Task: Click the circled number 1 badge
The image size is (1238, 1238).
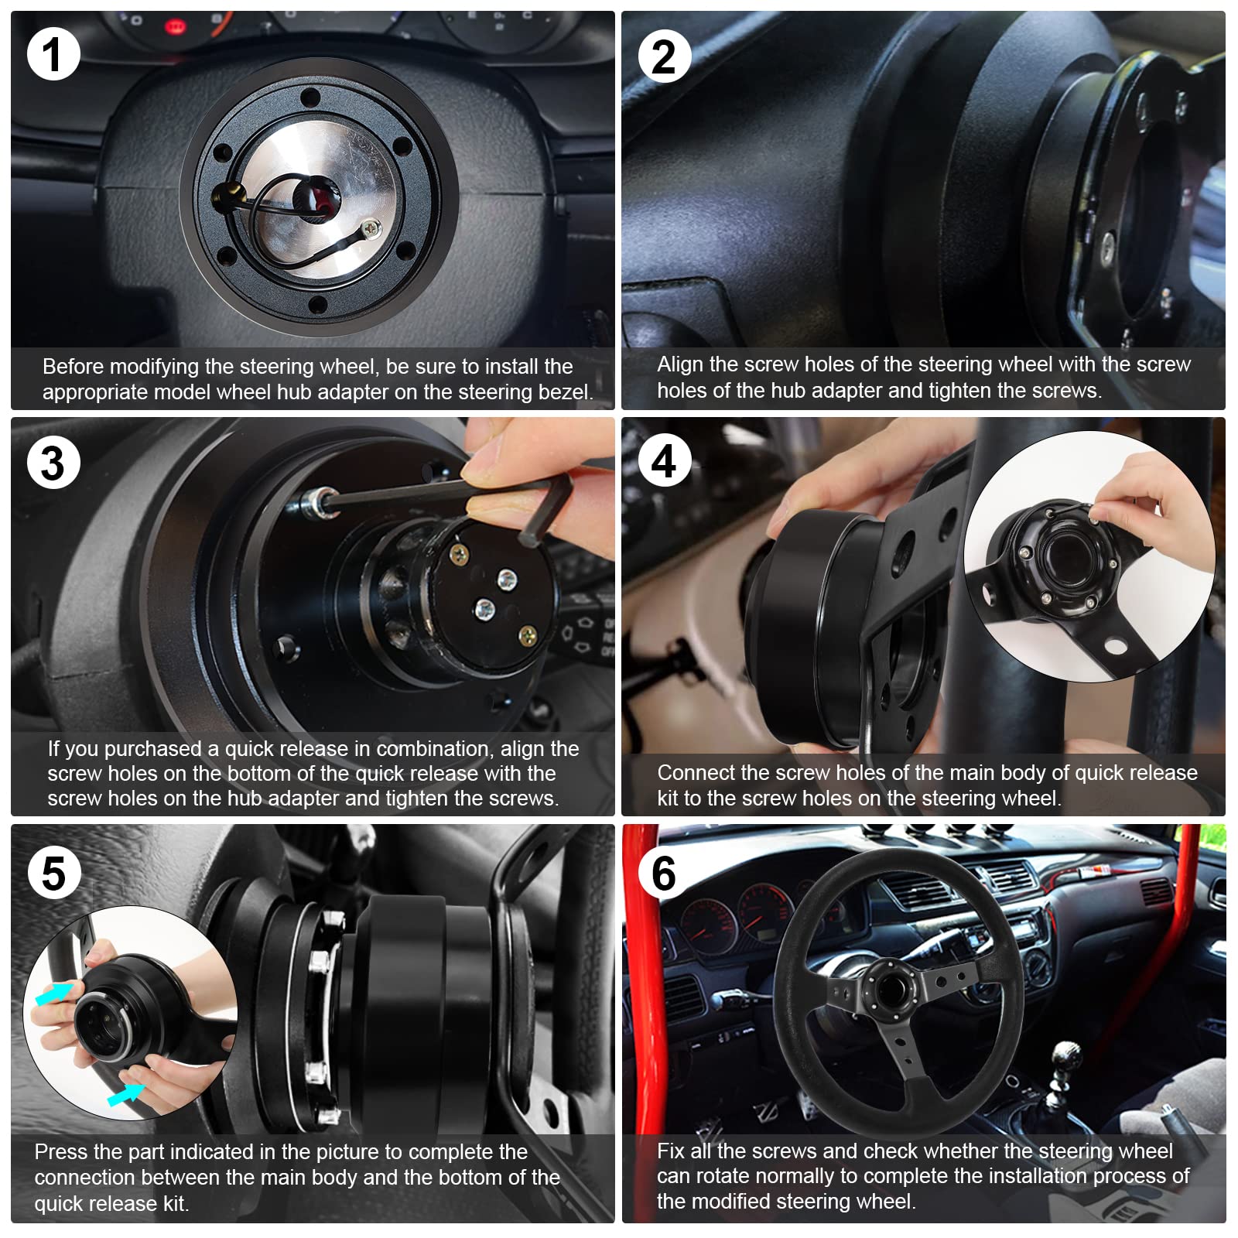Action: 53,53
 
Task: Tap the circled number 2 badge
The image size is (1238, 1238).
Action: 664,56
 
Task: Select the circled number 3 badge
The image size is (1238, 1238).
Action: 53,462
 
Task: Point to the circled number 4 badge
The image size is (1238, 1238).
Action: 664,462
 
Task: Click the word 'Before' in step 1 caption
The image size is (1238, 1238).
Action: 72,366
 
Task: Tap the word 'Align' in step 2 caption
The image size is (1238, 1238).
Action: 679,364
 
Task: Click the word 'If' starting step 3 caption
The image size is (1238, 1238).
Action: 53,748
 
